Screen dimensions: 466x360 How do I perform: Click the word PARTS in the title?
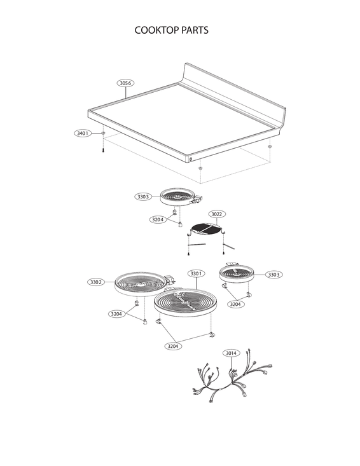195,30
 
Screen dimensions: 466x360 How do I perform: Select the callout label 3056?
126,83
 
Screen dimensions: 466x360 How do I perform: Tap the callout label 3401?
81,134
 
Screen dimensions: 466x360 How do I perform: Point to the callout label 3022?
217,214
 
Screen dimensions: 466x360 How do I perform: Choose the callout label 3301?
196,273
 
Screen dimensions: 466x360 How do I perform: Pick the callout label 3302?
96,282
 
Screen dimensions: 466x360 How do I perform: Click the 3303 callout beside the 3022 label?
142,197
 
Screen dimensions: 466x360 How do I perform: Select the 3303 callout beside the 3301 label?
273,275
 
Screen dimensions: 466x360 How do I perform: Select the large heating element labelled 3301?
184,303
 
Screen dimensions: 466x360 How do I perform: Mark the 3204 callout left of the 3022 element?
158,219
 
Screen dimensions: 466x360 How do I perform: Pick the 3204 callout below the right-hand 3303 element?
235,305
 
